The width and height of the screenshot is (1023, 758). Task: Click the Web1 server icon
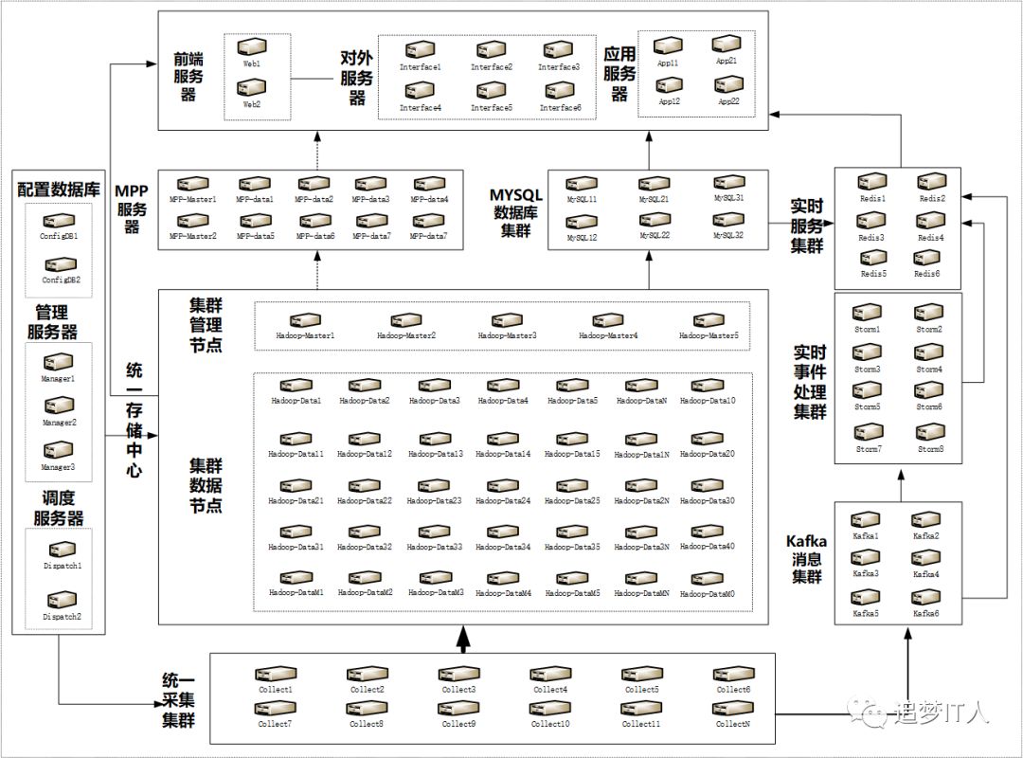pos(251,47)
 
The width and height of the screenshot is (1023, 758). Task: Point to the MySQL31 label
pos(729,198)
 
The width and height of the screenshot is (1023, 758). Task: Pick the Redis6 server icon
pos(925,259)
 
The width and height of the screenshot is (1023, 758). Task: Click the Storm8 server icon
pos(929,432)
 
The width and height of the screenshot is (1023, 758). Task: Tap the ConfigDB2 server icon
pos(60,265)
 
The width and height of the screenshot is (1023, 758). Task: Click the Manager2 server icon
pos(59,406)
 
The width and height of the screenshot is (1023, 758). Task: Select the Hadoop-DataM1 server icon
pos(296,578)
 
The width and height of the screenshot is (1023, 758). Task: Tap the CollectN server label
pos(732,724)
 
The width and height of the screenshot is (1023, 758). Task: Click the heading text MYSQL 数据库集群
pos(516,209)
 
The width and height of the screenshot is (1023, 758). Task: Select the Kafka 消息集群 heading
pos(806,559)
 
